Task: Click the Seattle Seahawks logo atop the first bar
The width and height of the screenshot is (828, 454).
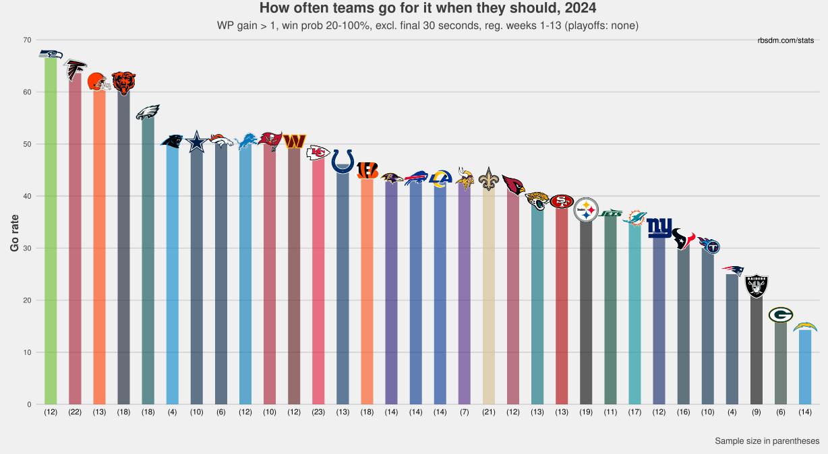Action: tap(51, 54)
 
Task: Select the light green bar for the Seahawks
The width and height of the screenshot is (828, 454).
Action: tap(51, 229)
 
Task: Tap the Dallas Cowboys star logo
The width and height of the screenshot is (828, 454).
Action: tap(197, 141)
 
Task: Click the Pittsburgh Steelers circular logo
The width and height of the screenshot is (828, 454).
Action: tap(585, 210)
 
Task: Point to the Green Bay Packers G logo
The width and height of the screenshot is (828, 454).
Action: tap(781, 315)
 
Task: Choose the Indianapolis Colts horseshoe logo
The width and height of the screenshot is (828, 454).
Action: tap(343, 161)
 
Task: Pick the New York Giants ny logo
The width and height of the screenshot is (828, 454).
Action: tap(659, 228)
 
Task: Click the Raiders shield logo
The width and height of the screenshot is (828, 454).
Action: tap(757, 286)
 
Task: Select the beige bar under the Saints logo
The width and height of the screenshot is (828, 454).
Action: tap(487, 296)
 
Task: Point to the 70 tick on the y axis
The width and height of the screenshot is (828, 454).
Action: tap(27, 40)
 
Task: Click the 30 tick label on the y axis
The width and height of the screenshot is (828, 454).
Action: tap(27, 248)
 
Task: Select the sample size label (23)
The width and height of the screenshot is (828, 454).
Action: tap(318, 412)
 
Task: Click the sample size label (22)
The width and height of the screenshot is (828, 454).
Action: tap(75, 412)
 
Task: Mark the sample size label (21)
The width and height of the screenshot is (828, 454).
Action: tap(488, 412)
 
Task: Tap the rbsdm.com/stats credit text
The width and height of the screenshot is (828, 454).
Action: tap(786, 41)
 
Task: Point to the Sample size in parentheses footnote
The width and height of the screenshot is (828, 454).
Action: tap(767, 441)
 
